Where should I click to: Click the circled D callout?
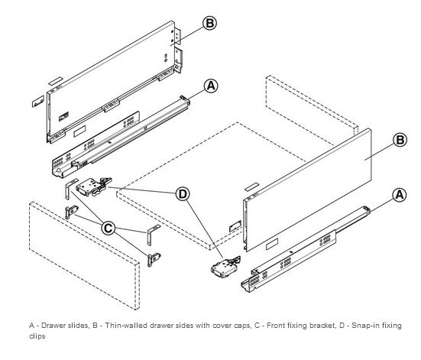pos(183,193)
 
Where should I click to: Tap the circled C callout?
pos(108,228)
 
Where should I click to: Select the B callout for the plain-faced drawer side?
pos(400,140)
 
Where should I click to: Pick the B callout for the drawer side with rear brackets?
pos(209,23)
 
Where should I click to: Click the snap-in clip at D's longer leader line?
pos(225,267)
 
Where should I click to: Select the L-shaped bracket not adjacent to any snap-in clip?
pos(153,235)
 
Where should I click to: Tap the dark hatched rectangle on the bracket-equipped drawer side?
pos(63,117)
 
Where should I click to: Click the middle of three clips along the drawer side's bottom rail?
pos(111,105)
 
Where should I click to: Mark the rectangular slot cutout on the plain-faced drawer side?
pos(272,244)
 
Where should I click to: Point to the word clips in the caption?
pos(37,336)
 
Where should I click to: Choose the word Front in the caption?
pos(276,326)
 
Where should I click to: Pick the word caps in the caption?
pos(241,326)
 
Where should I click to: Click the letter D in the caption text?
pos(342,326)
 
